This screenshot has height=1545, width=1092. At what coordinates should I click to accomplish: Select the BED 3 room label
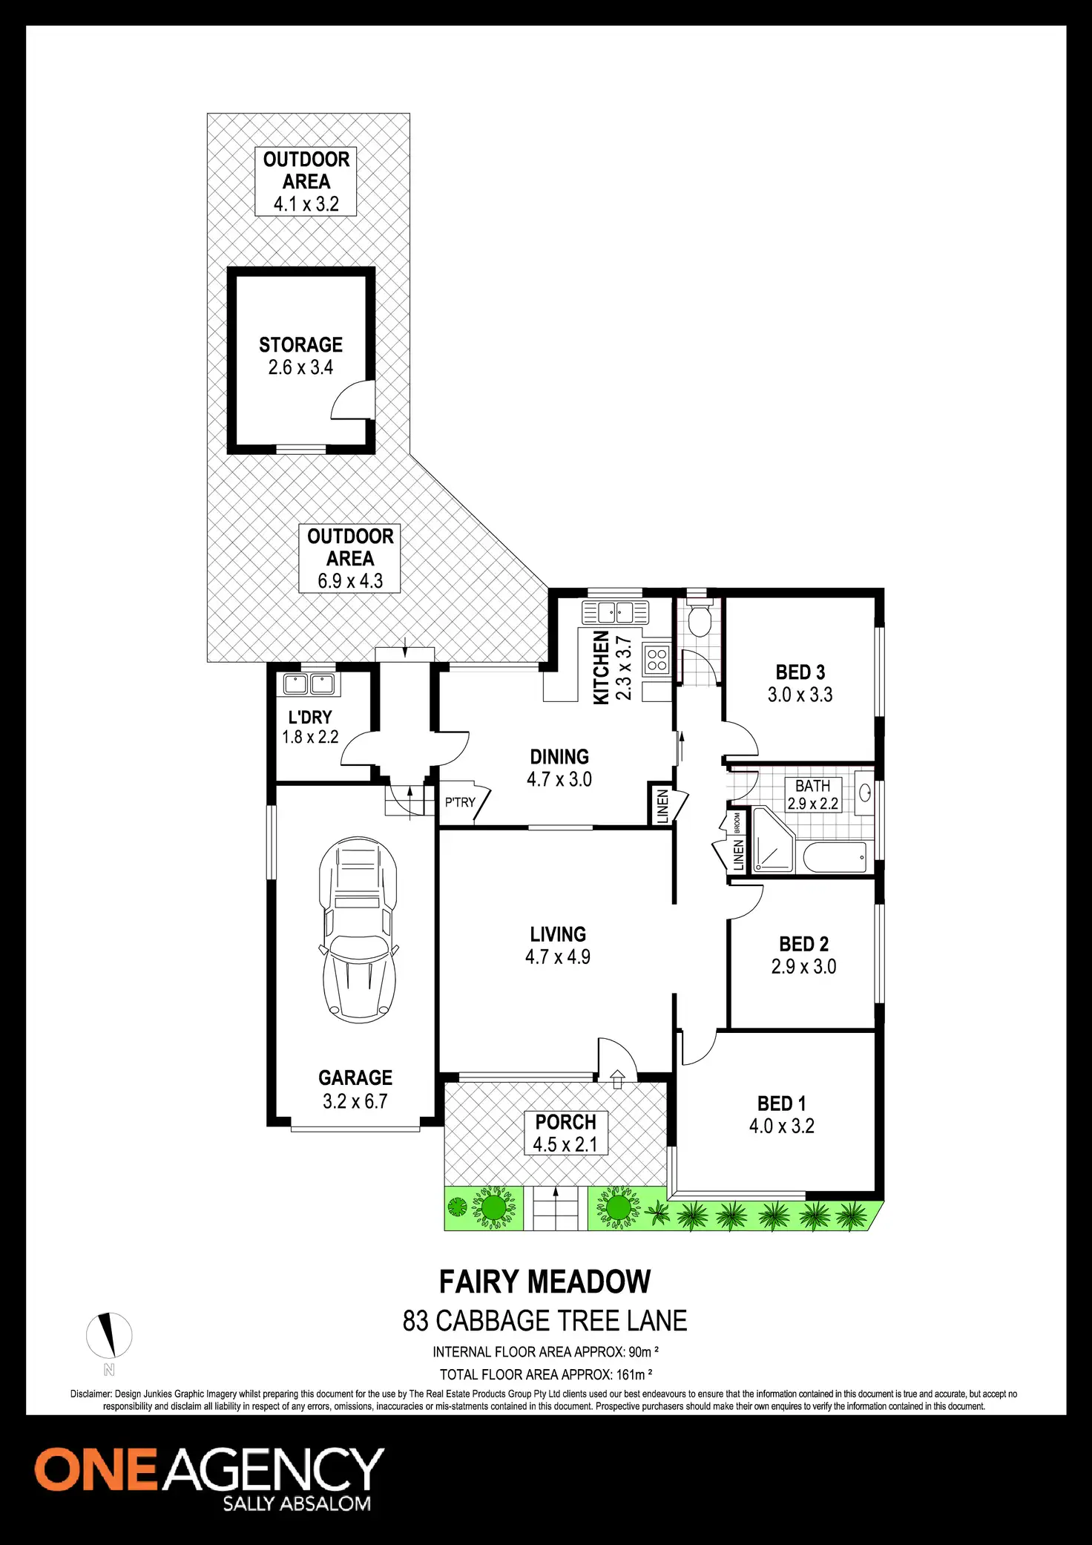pyautogui.click(x=800, y=672)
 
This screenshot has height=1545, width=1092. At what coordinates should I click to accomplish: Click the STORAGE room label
pyautogui.click(x=300, y=345)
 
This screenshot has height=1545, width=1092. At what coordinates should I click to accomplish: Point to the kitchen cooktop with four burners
pyautogui.click(x=657, y=660)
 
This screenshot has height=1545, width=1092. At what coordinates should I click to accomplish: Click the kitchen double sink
pyautogui.click(x=615, y=613)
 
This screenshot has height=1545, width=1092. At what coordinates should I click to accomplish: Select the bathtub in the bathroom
pyautogui.click(x=835, y=858)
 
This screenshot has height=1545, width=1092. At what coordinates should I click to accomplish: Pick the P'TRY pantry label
pyautogui.click(x=460, y=802)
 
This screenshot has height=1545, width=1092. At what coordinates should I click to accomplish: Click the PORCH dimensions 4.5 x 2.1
pyautogui.click(x=565, y=1144)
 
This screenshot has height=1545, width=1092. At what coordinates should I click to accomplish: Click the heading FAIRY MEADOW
pyautogui.click(x=545, y=1282)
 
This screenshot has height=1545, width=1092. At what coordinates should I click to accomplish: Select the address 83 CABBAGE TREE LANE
pyautogui.click(x=545, y=1321)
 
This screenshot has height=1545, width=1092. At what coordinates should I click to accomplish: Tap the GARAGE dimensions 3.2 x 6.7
pyautogui.click(x=355, y=1101)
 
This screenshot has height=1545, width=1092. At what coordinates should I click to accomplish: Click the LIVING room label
pyautogui.click(x=558, y=934)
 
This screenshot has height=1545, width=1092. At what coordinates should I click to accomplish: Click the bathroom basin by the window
pyautogui.click(x=864, y=793)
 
